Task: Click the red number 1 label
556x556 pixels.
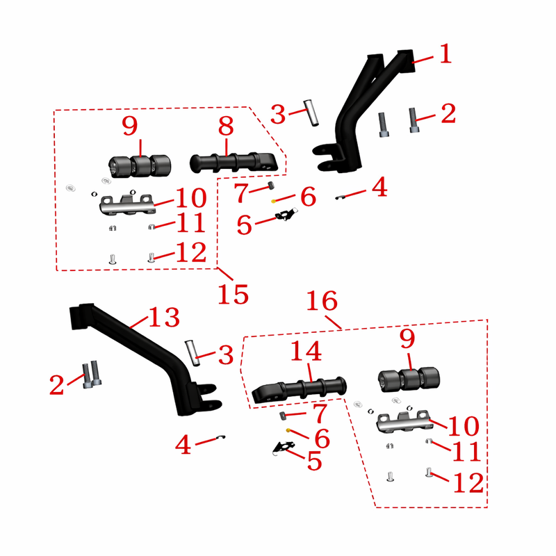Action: pos(445,54)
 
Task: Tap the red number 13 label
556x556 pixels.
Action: pos(164,317)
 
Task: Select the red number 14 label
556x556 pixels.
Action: pos(306,351)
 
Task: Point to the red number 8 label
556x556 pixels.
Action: pos(227,126)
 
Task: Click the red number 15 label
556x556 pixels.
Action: pos(233,294)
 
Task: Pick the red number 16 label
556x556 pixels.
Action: pos(322,301)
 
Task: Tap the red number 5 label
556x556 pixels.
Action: pos(315,461)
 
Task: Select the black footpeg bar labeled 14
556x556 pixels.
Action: pos(299,390)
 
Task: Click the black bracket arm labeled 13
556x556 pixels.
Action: pos(142,354)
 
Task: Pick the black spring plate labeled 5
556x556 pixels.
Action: pos(284,448)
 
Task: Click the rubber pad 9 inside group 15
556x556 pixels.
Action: pos(140,166)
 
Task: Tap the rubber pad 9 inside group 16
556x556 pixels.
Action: pos(409,379)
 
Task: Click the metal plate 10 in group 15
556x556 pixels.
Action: pos(127,205)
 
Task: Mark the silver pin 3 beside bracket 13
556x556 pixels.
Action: pos(193,353)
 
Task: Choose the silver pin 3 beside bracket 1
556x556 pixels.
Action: pos(311,113)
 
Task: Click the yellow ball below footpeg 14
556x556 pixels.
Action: pos(288,430)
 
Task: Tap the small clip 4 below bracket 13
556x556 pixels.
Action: pos(221,437)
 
